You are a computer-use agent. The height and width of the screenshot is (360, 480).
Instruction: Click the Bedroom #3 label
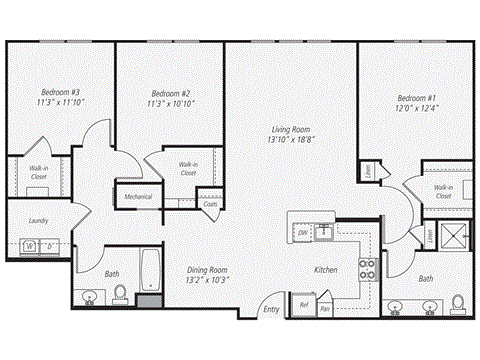pyautogui.click(x=43, y=90)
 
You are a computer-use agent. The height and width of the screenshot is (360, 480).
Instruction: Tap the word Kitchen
pyautogui.click(x=326, y=270)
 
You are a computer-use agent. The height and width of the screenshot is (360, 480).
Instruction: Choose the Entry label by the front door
pyautogui.click(x=271, y=310)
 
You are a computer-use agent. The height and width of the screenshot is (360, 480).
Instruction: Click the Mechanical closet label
pyautogui.click(x=138, y=197)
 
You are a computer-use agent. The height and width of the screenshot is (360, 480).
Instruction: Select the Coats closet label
pyautogui.click(x=210, y=204)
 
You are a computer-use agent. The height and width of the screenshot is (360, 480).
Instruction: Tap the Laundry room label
pyautogui.click(x=39, y=221)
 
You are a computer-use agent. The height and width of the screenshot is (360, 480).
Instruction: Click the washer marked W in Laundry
pyautogui.click(x=29, y=245)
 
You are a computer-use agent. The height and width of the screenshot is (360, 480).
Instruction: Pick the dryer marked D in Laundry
pyautogui.click(x=49, y=245)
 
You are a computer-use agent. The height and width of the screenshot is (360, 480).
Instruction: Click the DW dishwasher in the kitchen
pyautogui.click(x=302, y=232)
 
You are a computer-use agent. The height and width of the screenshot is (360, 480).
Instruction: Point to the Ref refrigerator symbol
pyautogui.click(x=303, y=305)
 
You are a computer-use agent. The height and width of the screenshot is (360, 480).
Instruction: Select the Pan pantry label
pyautogui.click(x=325, y=309)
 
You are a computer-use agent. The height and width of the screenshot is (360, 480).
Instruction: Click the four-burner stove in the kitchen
pyautogui.click(x=367, y=267)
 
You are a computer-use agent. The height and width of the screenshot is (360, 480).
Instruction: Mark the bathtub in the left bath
pyautogui.click(x=149, y=270)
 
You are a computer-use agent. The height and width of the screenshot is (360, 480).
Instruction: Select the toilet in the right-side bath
pyautogui.click(x=459, y=301)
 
